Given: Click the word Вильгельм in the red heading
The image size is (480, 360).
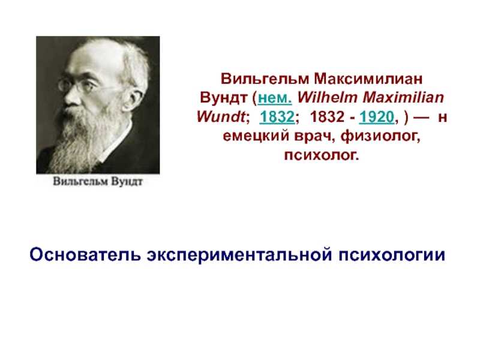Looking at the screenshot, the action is (x=265, y=79).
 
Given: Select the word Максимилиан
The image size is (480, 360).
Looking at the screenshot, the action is (x=368, y=79).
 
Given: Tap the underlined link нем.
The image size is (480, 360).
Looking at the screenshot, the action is (x=275, y=98).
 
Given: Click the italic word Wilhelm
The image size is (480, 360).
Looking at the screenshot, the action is (x=328, y=98).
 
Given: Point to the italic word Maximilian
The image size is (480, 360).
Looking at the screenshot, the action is (x=403, y=98).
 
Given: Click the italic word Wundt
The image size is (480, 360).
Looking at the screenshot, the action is (x=221, y=116).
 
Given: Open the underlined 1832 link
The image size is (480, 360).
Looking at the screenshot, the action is (x=277, y=117).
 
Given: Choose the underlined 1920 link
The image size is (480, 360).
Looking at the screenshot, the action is (x=377, y=117).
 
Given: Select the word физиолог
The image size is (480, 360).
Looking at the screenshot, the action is (x=380, y=137).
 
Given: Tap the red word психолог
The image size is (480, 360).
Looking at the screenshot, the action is (x=321, y=155).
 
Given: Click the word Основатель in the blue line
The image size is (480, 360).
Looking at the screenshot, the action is (x=85, y=254).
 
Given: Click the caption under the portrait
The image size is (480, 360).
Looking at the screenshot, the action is (x=98, y=181).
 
